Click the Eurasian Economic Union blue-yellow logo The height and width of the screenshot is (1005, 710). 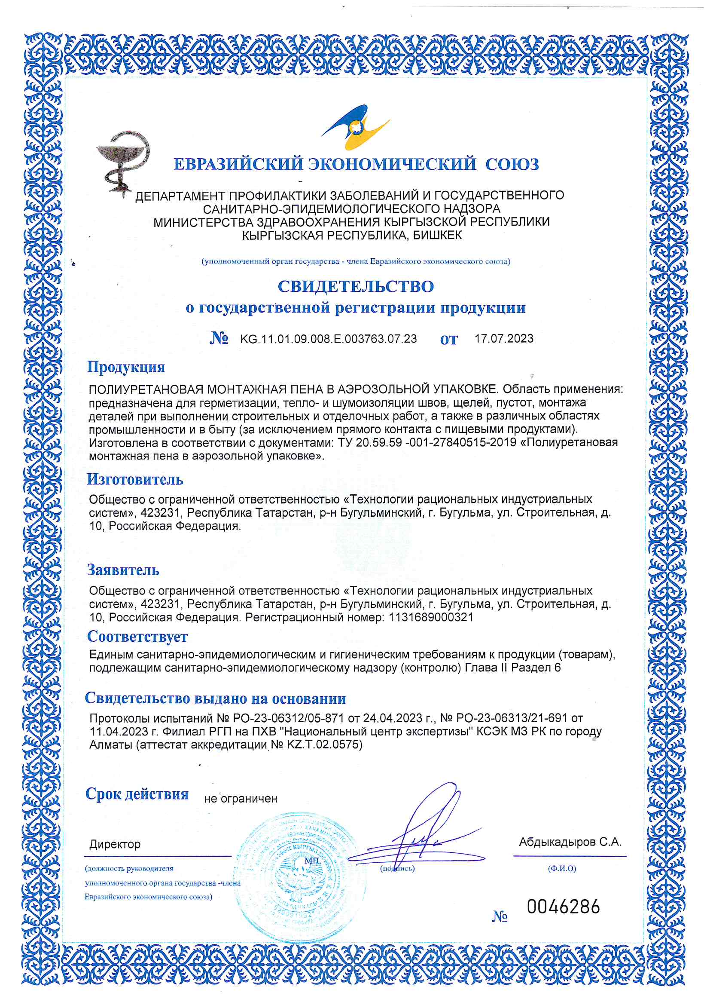click(x=355, y=127)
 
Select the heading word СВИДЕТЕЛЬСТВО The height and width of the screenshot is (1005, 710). click(x=356, y=286)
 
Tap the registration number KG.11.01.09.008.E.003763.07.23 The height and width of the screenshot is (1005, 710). click(x=328, y=339)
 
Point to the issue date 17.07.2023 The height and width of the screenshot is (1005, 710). click(x=504, y=338)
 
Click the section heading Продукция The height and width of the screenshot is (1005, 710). click(x=126, y=366)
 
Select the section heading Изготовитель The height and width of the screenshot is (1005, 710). click(x=135, y=479)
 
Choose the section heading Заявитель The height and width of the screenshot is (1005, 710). click(x=123, y=570)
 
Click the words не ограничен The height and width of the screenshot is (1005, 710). click(x=241, y=798)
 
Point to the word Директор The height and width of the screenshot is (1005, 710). click(x=115, y=844)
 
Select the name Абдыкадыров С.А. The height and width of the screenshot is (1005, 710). click(x=570, y=842)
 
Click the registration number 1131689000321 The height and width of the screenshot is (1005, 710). click(x=430, y=617)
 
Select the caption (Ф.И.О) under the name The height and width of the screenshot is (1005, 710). click(x=562, y=868)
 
